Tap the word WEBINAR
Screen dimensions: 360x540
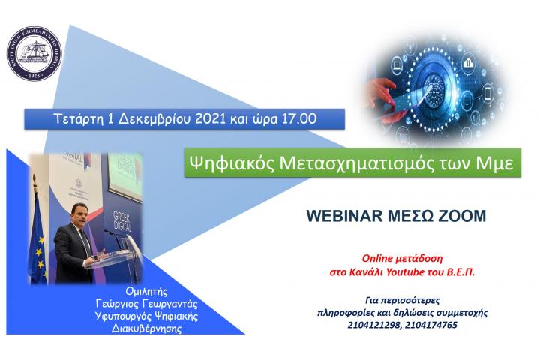(x=342, y=216)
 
